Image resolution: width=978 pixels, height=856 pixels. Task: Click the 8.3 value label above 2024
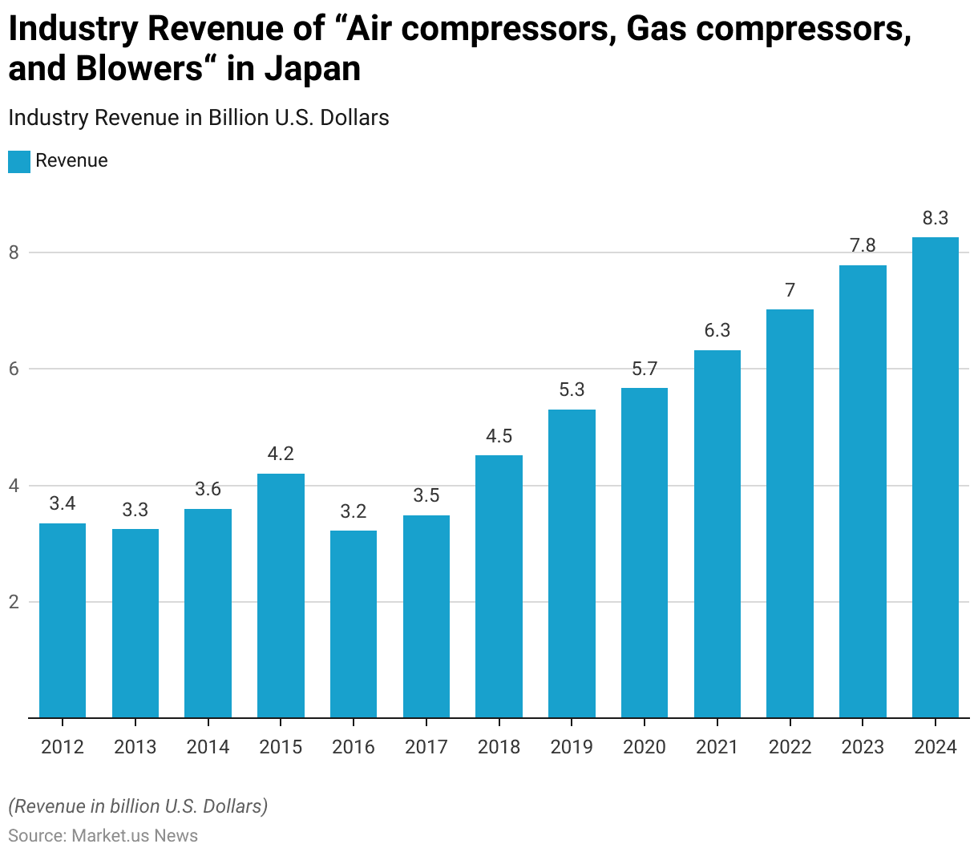936,218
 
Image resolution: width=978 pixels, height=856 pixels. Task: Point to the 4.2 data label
281,454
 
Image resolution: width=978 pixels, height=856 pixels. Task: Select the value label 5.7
645,369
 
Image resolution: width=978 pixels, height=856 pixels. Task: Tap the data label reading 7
790,290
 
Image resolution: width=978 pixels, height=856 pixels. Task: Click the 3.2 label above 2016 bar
354,511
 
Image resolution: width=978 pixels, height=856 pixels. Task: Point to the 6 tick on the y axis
14,369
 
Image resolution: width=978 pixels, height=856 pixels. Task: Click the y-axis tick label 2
14,602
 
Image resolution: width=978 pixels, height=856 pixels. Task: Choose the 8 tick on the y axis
14,253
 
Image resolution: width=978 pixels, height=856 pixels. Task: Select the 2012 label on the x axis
63,747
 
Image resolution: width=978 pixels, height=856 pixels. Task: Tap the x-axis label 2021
717,747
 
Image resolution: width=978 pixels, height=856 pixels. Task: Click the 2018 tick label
499,747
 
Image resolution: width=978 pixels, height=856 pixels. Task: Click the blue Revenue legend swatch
19,161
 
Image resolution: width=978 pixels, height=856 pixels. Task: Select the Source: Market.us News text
103,836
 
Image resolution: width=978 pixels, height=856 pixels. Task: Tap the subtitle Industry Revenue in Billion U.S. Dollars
199,118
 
